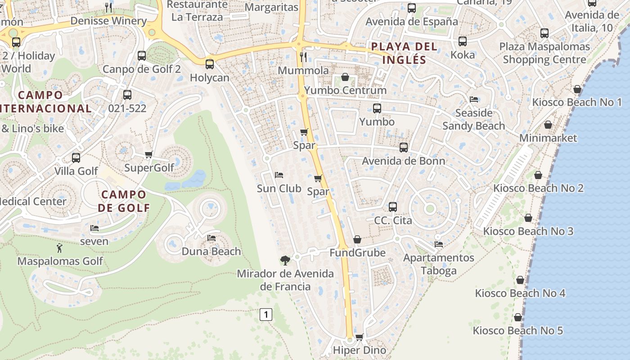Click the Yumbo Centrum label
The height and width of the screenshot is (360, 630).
tap(345, 90)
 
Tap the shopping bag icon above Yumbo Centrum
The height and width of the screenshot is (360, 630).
tap(345, 77)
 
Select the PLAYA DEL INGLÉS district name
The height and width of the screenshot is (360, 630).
tap(404, 53)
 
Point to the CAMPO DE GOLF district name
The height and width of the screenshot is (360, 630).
tap(124, 201)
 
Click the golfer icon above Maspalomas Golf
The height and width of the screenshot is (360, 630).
tap(59, 248)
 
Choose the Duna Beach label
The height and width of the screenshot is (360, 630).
tap(211, 251)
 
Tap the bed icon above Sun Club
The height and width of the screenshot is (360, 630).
tap(279, 175)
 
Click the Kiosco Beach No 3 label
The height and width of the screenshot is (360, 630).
tap(528, 231)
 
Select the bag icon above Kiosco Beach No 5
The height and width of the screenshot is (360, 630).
tap(518, 317)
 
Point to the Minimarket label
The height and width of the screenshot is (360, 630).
tap(548, 138)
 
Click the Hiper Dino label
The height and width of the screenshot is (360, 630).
tap(360, 350)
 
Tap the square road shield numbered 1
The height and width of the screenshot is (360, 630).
tap(266, 315)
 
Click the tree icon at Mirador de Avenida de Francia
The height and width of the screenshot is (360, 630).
tap(285, 260)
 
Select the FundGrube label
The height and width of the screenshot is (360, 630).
tap(357, 252)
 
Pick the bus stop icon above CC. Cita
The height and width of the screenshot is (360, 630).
tap(393, 207)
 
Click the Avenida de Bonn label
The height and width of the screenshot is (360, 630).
tap(404, 161)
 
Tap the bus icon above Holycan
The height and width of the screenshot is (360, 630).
tap(209, 64)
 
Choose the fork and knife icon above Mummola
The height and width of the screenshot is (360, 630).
tap(303, 57)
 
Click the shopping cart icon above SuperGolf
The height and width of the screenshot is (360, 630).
tap(149, 155)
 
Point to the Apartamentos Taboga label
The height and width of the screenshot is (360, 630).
tap(439, 264)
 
